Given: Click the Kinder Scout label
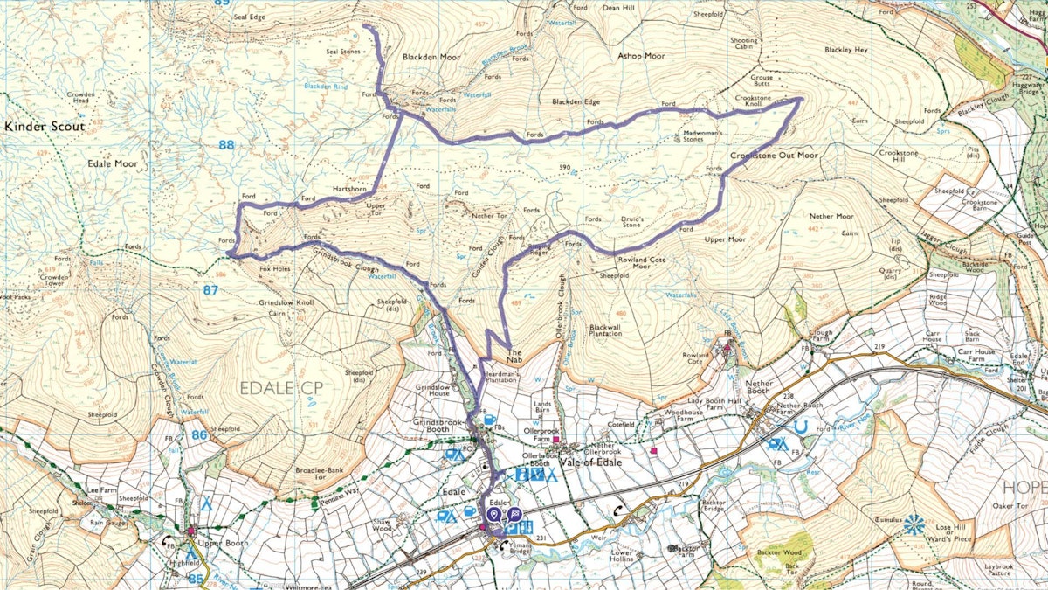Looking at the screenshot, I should click(45, 127).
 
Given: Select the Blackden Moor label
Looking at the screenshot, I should click(431, 57).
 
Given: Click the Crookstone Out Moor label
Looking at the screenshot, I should click(773, 155).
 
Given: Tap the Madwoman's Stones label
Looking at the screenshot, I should click(680, 135).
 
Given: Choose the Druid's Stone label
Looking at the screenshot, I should click(631, 222).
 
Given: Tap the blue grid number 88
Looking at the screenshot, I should click(226, 145).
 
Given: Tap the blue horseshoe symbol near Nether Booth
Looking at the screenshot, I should click(799, 427).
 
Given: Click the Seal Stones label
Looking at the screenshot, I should click(342, 52).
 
